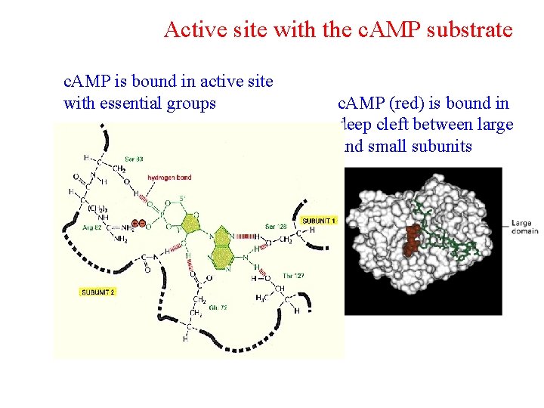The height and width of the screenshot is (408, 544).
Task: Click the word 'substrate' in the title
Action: pyautogui.click(x=467, y=30)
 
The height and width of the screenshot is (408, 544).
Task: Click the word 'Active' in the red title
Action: pyautogui.click(x=190, y=30)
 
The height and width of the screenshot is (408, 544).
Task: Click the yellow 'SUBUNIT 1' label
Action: pyautogui.click(x=319, y=220)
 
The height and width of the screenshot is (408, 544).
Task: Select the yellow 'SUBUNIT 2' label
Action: pyautogui.click(x=97, y=291)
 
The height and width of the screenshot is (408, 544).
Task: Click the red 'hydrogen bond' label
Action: pyautogui.click(x=169, y=178)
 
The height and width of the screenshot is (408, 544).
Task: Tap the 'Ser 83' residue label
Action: pyautogui.click(x=134, y=159)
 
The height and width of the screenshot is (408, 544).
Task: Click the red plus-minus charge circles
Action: pyautogui.click(x=138, y=224)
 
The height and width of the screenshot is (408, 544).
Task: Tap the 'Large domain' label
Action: pyautogui.click(x=522, y=227)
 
